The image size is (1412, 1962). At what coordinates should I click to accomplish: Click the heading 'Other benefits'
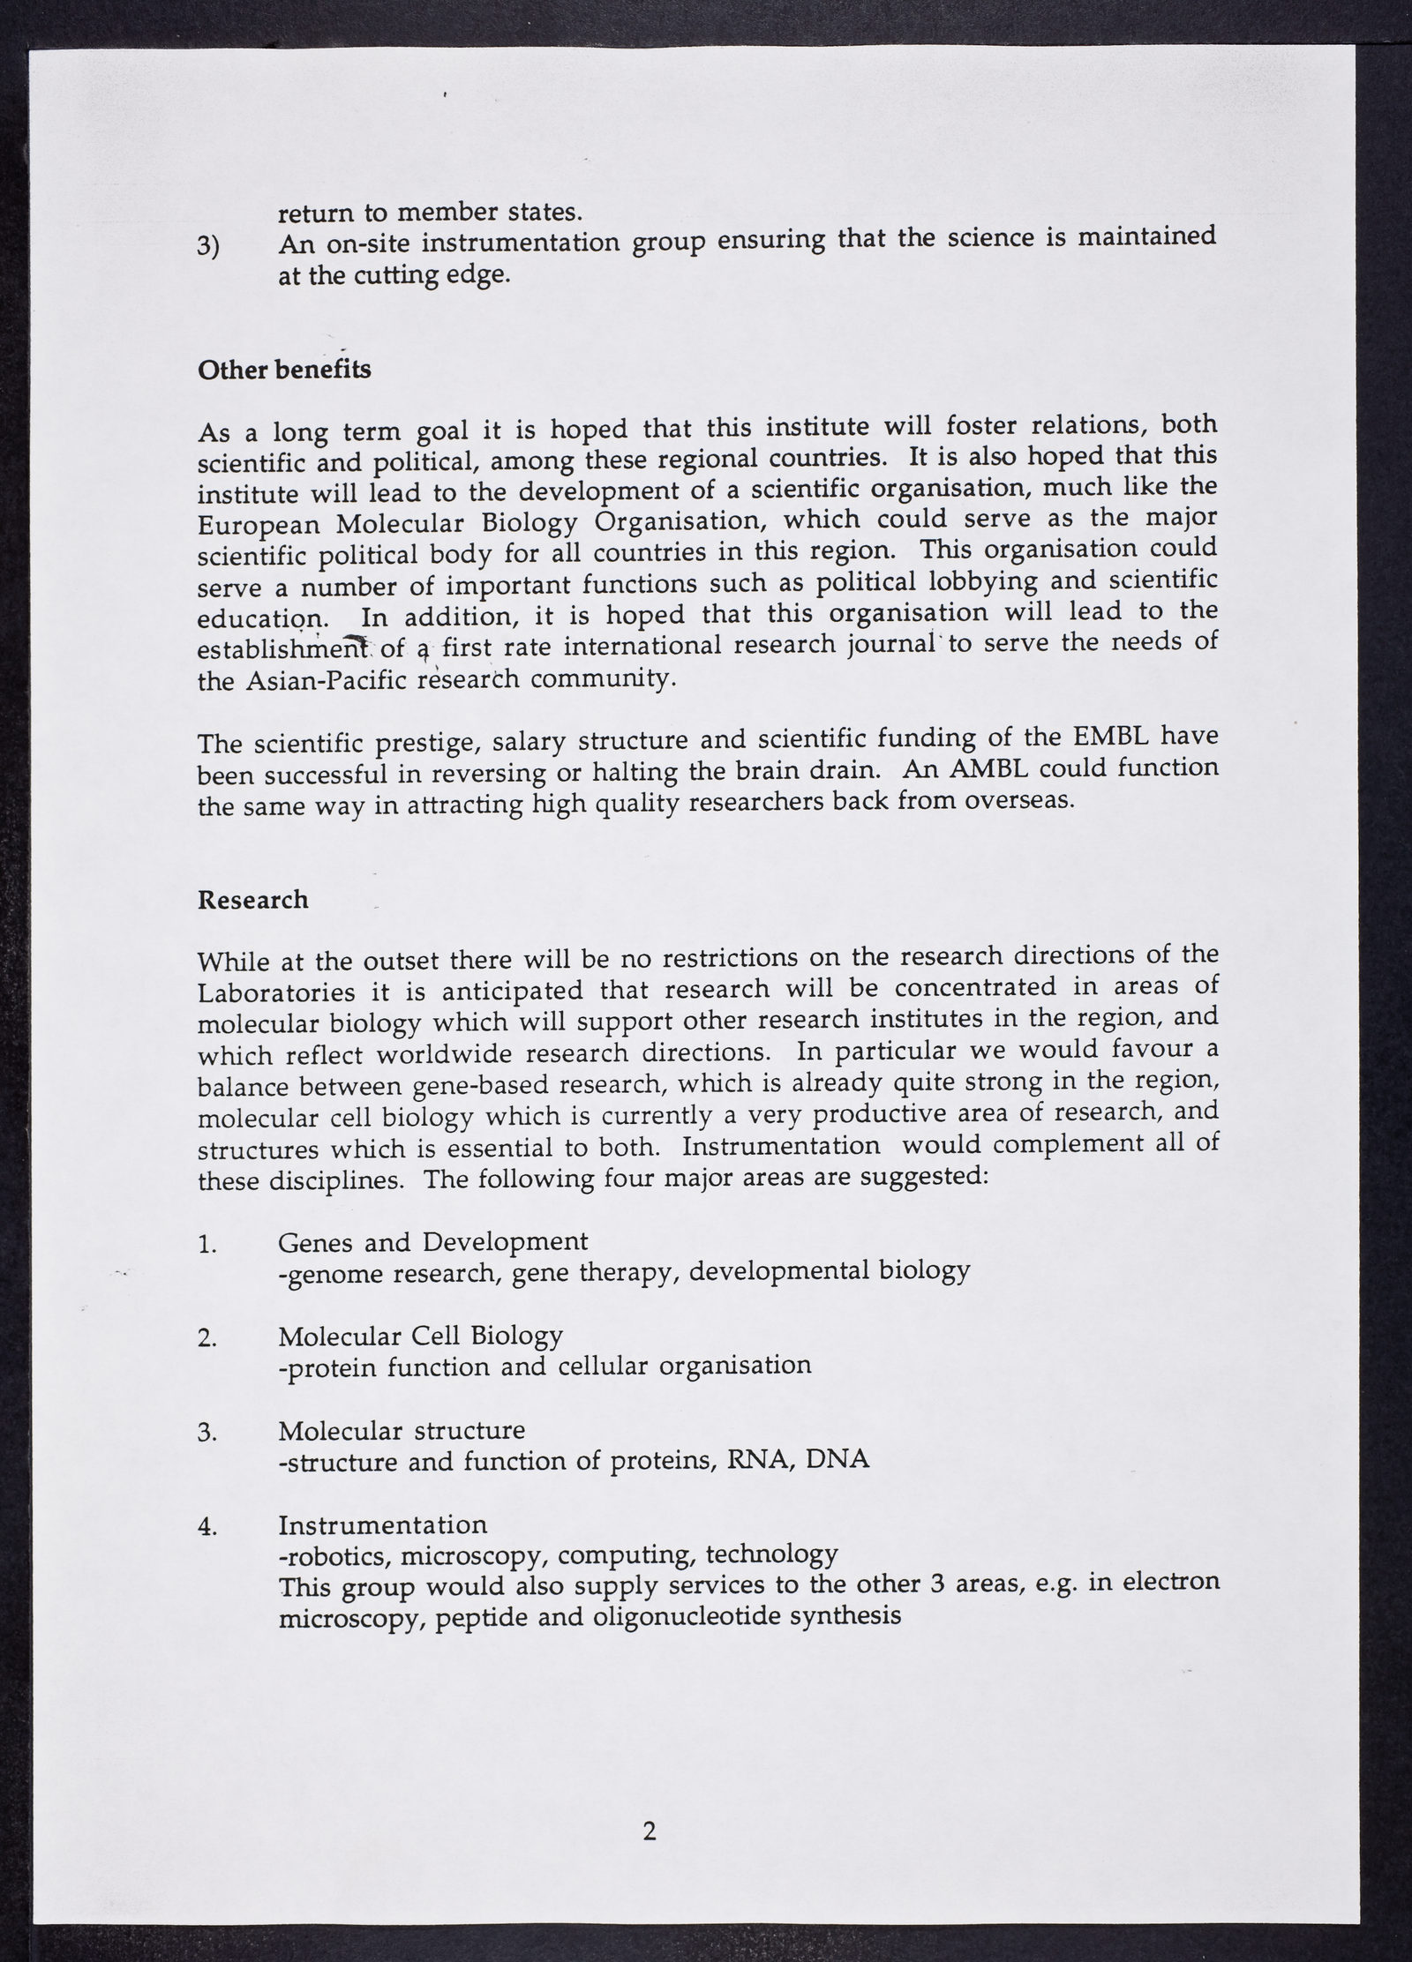coord(284,370)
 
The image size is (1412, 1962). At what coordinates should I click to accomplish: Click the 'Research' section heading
coord(253,900)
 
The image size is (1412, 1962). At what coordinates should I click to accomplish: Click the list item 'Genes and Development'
coord(432,1242)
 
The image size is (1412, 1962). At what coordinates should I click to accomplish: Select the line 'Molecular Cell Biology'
coord(420,1336)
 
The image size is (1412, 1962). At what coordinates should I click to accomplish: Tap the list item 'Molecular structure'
coord(402,1429)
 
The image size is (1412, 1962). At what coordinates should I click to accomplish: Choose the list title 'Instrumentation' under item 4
coord(382,1524)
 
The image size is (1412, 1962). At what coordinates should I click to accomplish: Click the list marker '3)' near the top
coord(209,247)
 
